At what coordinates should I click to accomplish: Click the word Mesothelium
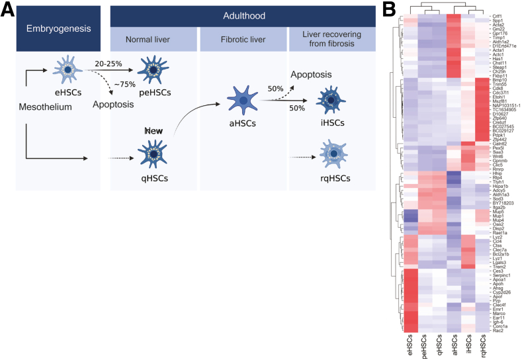(45, 106)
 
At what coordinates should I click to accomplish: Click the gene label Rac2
(497, 330)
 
